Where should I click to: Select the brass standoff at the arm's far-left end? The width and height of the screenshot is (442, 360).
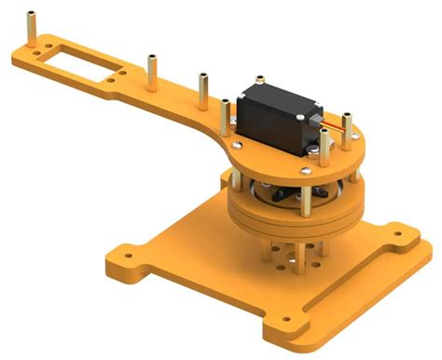34,27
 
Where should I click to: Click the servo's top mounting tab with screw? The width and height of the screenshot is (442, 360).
256,81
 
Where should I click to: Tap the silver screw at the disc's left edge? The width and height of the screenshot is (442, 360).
240,144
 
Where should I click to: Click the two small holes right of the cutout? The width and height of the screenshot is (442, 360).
114,81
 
